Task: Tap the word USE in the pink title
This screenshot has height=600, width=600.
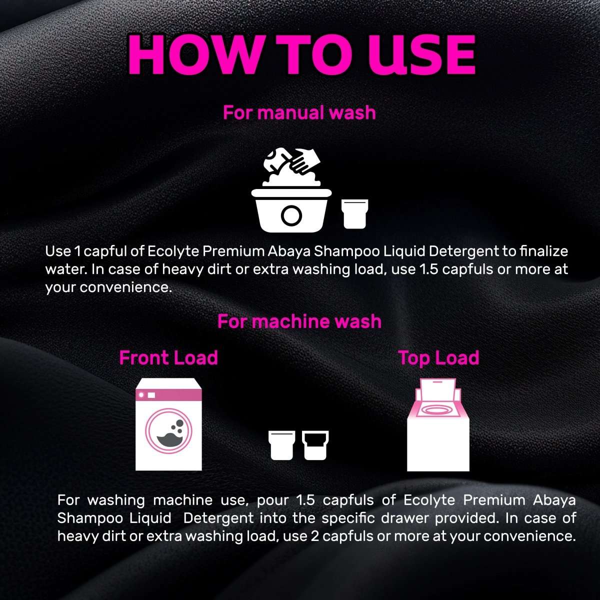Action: coord(422,54)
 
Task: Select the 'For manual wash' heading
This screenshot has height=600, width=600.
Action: coord(299,112)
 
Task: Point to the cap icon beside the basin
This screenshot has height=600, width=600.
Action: coord(354,214)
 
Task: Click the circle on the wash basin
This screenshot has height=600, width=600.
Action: coord(291,215)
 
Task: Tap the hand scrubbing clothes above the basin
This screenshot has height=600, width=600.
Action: coord(305,160)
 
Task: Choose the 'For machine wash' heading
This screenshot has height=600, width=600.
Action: coord(299,321)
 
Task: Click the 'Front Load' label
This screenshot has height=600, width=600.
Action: coord(168,358)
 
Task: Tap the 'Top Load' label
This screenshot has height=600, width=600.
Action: coord(438,358)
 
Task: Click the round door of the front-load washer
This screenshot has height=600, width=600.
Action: coord(169,431)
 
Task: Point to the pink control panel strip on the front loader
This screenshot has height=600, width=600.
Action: coord(168,395)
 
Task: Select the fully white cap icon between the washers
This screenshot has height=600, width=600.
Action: coord(282,445)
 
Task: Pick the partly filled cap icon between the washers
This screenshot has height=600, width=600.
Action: coord(315,445)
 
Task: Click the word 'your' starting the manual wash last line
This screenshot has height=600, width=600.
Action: coord(60,287)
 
